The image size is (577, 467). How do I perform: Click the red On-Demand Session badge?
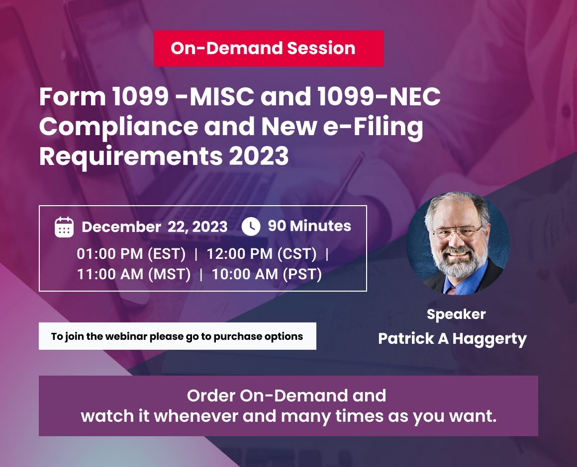(x=269, y=48)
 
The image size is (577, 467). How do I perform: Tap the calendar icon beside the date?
(x=64, y=227)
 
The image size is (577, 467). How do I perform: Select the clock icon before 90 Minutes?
(x=251, y=227)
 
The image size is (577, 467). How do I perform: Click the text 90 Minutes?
(x=309, y=226)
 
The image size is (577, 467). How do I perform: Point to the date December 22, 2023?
(x=154, y=227)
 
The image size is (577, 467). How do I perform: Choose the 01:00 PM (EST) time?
(x=131, y=254)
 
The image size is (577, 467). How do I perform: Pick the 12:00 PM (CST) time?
(x=262, y=254)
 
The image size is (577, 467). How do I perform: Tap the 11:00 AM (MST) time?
(x=134, y=274)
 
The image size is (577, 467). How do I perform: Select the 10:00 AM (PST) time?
(x=267, y=274)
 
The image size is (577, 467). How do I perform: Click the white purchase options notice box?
(x=177, y=336)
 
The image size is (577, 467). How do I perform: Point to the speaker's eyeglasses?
(x=457, y=232)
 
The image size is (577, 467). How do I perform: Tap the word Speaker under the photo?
(x=456, y=314)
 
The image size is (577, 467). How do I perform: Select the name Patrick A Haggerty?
(x=452, y=339)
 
